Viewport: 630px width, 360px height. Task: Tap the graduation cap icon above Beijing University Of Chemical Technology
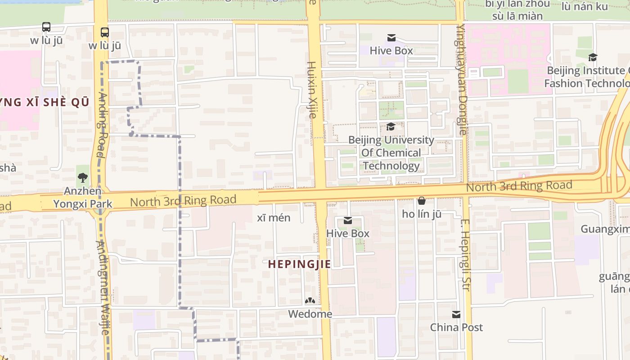(391, 127)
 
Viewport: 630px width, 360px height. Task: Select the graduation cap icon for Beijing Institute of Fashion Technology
(593, 57)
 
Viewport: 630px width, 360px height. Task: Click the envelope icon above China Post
(456, 314)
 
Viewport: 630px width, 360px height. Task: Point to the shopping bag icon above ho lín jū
(422, 201)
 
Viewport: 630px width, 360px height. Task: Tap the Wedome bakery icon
(310, 301)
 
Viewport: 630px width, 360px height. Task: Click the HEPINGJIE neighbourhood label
(299, 264)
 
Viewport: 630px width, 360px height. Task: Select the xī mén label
(274, 218)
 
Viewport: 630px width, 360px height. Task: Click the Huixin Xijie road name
(311, 90)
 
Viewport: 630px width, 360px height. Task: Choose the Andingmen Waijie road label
(103, 288)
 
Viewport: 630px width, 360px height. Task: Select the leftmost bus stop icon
(46, 27)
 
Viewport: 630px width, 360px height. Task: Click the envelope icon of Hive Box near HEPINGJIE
(347, 220)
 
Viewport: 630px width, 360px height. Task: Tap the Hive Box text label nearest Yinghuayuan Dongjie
(391, 51)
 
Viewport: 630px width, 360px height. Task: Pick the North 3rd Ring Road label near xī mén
(183, 201)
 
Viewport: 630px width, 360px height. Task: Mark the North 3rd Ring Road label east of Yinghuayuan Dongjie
(519, 185)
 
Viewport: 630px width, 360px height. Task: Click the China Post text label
(456, 327)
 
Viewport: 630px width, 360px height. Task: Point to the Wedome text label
(310, 314)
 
